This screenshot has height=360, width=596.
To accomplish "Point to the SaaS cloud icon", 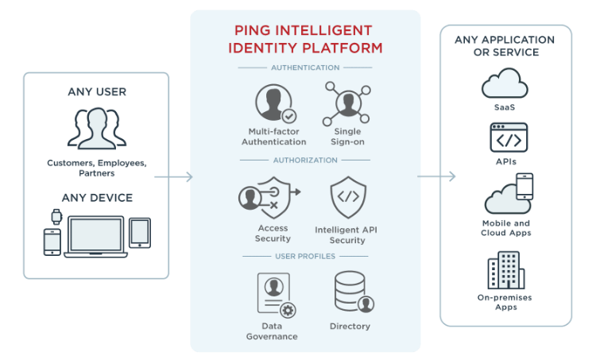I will tap(505, 83).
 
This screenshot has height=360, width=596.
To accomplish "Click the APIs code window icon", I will tap(509, 137).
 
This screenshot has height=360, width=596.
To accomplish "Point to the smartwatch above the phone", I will tap(56, 215).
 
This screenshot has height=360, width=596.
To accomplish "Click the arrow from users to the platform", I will tap(174, 176).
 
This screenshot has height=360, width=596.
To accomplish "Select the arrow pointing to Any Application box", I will tap(436, 176).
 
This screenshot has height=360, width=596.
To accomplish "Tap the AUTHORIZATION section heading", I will tap(305, 160).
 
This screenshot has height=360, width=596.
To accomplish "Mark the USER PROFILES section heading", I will tap(305, 257).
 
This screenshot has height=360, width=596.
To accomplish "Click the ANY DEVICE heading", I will tap(97, 197).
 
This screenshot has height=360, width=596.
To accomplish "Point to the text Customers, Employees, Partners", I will tap(97, 168).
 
